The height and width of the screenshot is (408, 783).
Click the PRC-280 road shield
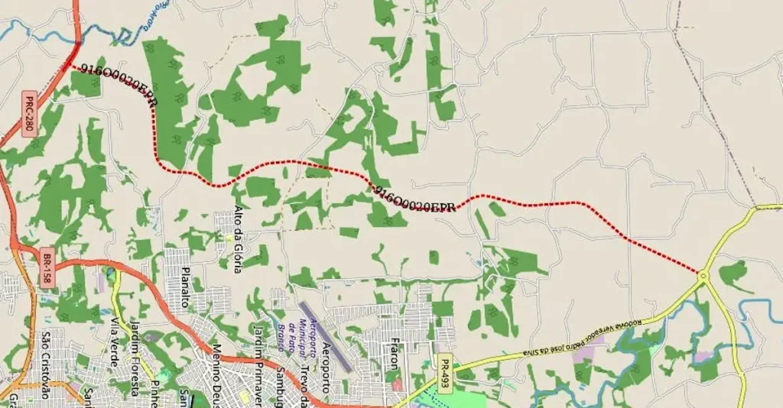(29, 115)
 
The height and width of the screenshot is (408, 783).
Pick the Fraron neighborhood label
(393, 352)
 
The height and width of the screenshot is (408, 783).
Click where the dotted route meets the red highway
(70, 65)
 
